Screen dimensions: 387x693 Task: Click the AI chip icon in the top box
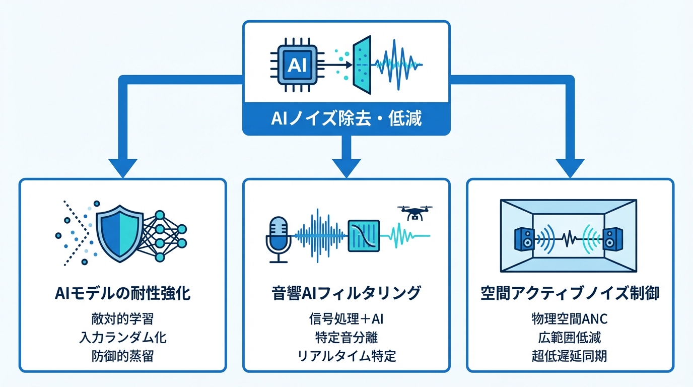296,65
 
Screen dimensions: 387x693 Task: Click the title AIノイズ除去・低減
346,119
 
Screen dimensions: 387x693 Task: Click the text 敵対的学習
122,318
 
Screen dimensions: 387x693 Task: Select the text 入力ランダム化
122,337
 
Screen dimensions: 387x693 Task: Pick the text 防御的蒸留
122,356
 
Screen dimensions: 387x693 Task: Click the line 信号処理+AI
346,318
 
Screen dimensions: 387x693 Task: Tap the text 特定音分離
346,337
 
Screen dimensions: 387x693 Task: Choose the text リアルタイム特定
346,356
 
